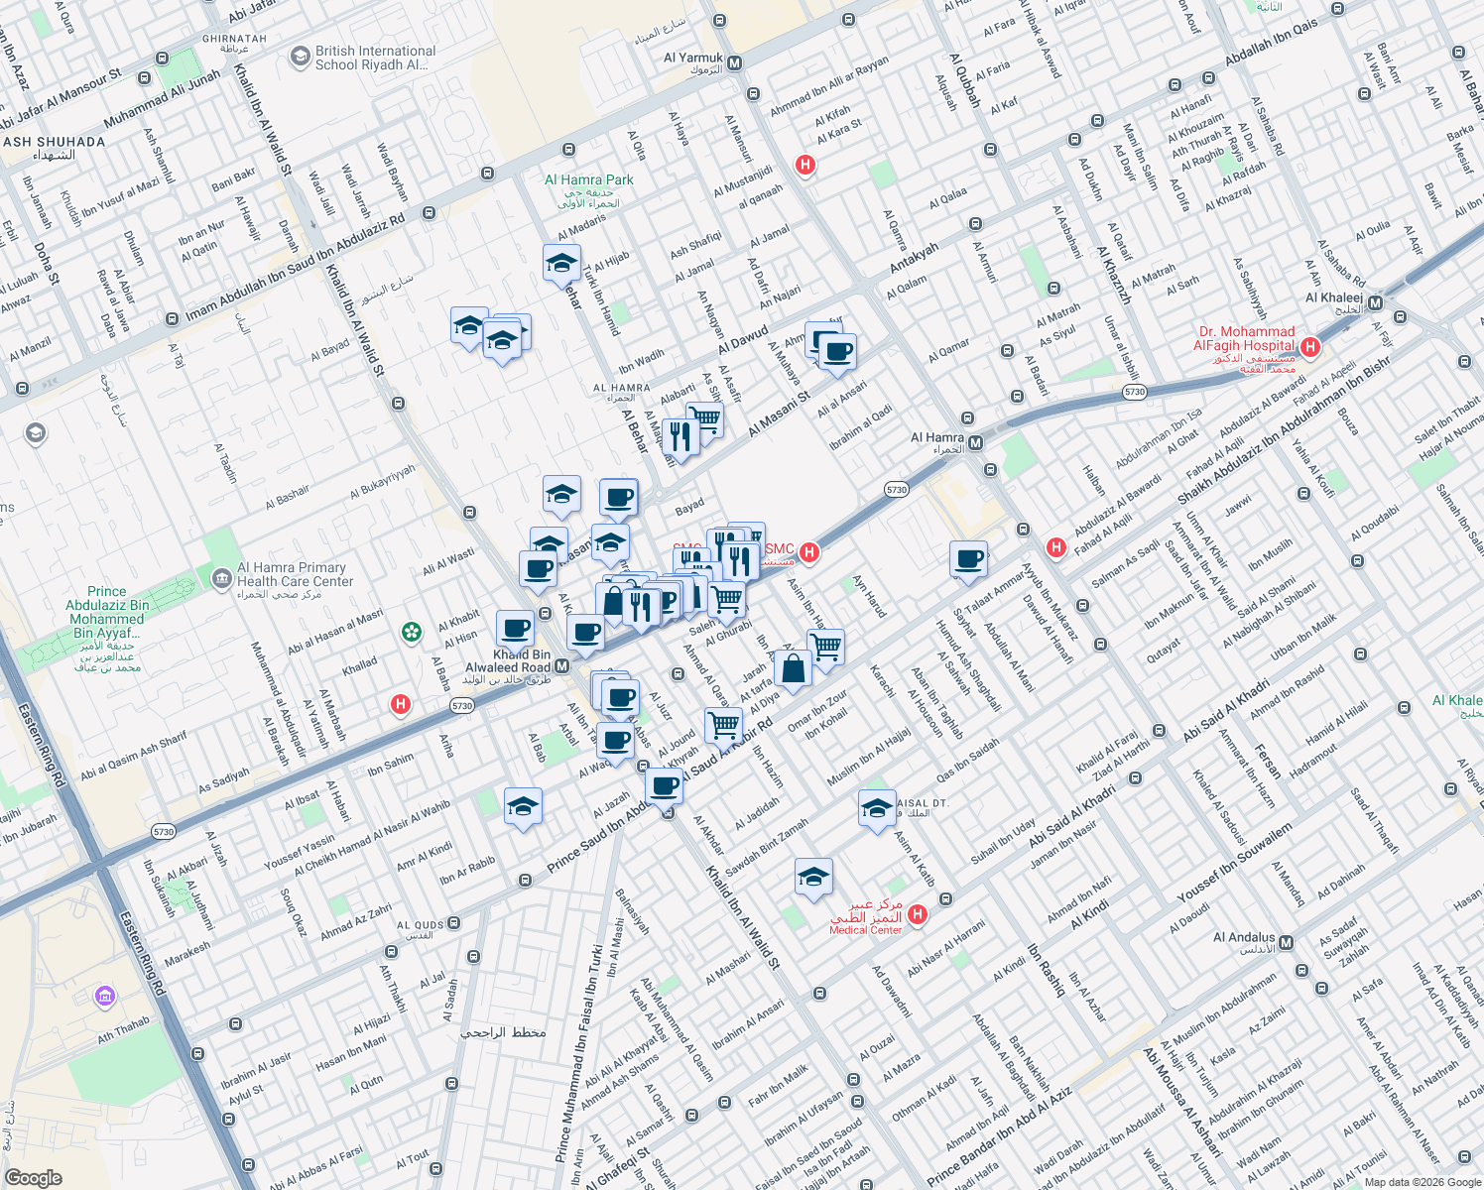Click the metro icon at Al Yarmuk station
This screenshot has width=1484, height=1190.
[x=735, y=62]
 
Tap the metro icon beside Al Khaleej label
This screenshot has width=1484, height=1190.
[x=1375, y=303]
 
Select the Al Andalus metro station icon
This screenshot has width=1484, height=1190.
[x=1287, y=942]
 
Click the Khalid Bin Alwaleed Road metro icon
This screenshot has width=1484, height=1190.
[x=561, y=667]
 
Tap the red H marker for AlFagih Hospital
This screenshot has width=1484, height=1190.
[x=1310, y=347]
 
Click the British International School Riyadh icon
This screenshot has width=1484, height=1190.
[x=300, y=58]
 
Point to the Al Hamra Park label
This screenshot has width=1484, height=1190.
[x=589, y=180]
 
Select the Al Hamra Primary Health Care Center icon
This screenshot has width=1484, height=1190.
[x=220, y=576]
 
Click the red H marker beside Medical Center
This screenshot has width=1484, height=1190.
[x=918, y=914]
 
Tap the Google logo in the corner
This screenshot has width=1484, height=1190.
[x=34, y=1177]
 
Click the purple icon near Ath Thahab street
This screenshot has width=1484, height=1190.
[x=104, y=996]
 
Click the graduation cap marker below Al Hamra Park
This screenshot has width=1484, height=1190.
[x=561, y=264]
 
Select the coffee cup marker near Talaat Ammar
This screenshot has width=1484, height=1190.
[x=968, y=559]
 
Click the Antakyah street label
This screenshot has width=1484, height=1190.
[x=914, y=258]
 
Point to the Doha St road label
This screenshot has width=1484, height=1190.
[x=46, y=263]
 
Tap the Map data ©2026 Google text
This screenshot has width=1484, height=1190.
[x=1422, y=1182]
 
